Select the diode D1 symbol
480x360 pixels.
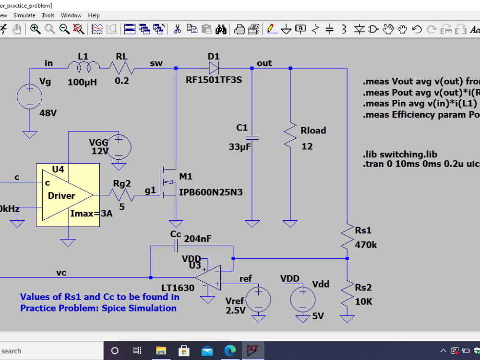[x=213, y=68]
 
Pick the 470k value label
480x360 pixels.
[x=366, y=245]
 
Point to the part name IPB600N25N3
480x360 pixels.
[x=211, y=192]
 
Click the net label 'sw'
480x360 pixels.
[x=156, y=63]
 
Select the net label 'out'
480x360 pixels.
[x=264, y=63]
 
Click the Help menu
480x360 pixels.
[x=94, y=15]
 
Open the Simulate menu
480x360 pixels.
[x=24, y=15]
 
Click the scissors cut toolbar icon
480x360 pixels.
[x=177, y=29]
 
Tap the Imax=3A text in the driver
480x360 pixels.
[x=91, y=213]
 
